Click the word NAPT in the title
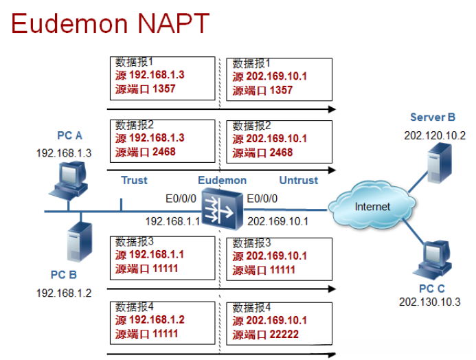point(173,23)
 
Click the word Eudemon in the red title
point(69,23)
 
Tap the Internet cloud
point(372,205)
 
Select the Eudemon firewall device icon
point(223,209)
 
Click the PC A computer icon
point(69,181)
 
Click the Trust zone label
point(134,180)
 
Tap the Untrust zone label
point(299,180)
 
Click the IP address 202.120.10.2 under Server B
point(435,135)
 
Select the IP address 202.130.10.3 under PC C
point(430,302)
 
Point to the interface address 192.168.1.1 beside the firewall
point(172,221)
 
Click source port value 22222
point(284,335)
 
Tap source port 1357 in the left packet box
point(164,89)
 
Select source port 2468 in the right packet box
point(281,153)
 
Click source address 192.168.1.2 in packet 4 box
point(157,319)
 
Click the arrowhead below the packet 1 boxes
point(332,109)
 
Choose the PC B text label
point(64,275)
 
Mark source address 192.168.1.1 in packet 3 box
point(157,254)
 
